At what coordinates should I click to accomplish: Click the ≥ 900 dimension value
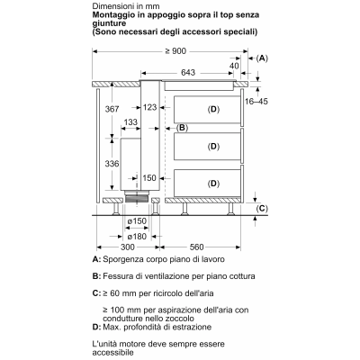click(x=175, y=51)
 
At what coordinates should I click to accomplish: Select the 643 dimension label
click(x=188, y=73)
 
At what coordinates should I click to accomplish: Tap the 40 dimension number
click(x=234, y=66)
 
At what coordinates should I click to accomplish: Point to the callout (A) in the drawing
click(x=262, y=58)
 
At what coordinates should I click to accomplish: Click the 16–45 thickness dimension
click(x=256, y=102)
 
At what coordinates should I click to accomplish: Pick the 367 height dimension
click(x=112, y=109)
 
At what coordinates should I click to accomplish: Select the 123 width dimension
click(x=149, y=107)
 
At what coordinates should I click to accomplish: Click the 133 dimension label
click(x=130, y=122)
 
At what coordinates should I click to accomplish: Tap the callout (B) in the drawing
click(x=182, y=128)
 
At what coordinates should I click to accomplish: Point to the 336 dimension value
click(x=112, y=164)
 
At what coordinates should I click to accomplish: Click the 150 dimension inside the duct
click(x=149, y=178)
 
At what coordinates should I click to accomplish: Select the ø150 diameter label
click(x=137, y=221)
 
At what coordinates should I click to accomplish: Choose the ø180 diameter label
click(x=137, y=237)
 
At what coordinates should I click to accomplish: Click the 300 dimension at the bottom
click(x=128, y=247)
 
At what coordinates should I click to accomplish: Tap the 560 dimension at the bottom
click(x=197, y=247)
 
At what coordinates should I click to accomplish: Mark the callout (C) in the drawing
click(x=262, y=209)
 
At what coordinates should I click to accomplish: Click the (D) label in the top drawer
click(x=213, y=110)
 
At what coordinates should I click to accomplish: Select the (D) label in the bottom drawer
click(x=213, y=184)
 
